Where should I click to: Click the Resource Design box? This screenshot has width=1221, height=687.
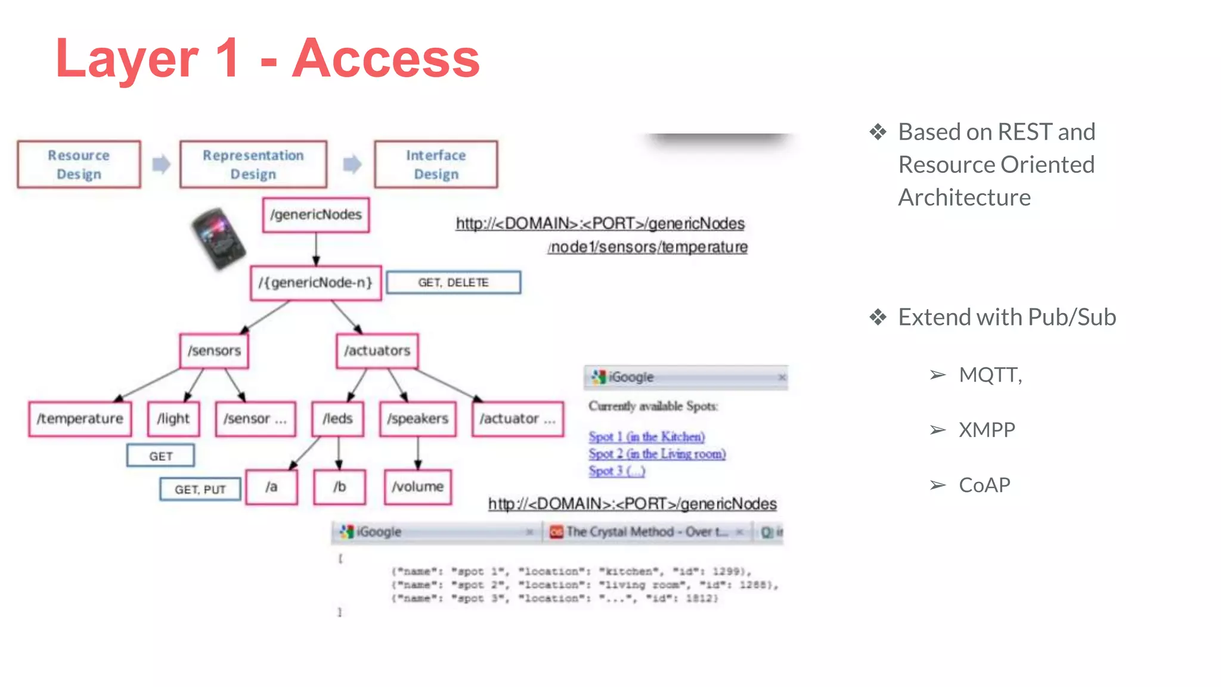tap(79, 165)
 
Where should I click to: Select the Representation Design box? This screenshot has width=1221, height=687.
tap(253, 165)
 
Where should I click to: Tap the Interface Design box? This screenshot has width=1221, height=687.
tap(436, 165)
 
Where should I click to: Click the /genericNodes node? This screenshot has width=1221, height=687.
tap(316, 215)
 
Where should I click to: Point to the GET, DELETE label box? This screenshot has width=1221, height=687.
tap(453, 283)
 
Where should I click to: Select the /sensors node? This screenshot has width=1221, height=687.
tap(215, 351)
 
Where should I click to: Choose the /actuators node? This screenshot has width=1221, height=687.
tap(377, 351)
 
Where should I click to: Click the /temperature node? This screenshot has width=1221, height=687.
tap(80, 419)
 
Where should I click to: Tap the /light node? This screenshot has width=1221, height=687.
tap(173, 419)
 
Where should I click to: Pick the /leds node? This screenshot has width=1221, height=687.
tap(338, 419)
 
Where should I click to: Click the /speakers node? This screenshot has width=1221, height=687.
tap(418, 419)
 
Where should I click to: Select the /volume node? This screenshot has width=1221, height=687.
tap(418, 487)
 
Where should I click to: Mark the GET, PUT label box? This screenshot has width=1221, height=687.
tap(200, 490)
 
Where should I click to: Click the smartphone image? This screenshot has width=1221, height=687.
tap(218, 238)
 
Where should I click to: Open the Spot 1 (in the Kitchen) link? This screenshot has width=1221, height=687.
tap(646, 437)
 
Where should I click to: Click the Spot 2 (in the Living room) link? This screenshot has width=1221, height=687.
tap(657, 454)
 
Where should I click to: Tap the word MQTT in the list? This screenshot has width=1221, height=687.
tap(990, 375)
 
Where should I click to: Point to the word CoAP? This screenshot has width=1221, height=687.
tap(984, 485)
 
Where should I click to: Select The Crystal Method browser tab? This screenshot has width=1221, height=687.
tap(646, 531)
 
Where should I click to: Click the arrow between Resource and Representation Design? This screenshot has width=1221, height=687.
tap(161, 164)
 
